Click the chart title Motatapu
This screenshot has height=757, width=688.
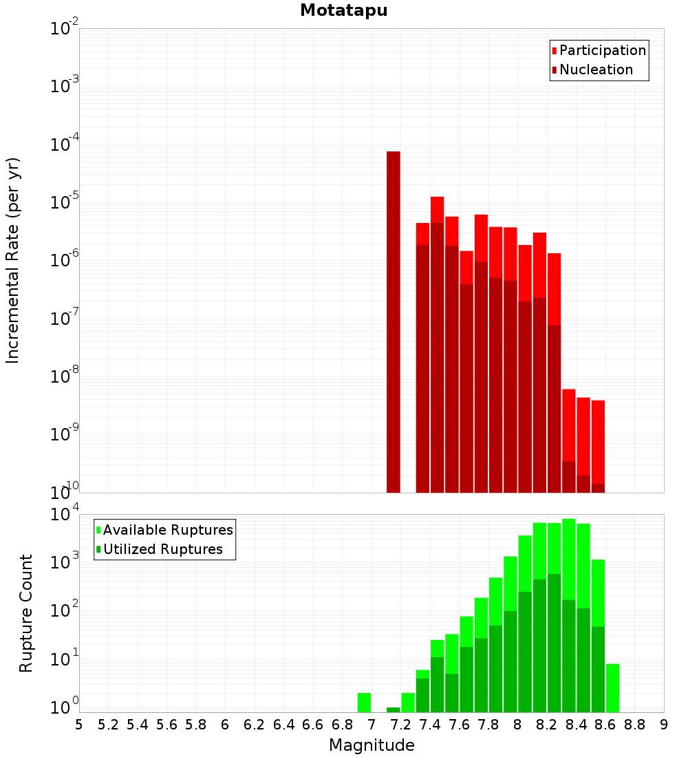coord(343,10)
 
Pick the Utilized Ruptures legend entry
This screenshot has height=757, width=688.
coord(162,549)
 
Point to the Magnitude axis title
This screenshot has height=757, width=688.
coord(372,745)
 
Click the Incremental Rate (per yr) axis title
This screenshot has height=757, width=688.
coord(12,261)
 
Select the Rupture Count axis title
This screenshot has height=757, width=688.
coord(26,612)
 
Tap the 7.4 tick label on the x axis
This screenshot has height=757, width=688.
coord(430,725)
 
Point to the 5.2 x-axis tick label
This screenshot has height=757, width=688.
coord(109,725)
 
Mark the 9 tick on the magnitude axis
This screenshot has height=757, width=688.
coord(664,725)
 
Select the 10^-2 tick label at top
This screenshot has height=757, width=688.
coord(64,29)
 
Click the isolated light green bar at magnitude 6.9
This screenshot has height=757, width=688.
coord(365,703)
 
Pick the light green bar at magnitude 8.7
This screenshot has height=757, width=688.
coord(612,688)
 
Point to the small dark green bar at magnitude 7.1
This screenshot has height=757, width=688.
coord(394,710)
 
